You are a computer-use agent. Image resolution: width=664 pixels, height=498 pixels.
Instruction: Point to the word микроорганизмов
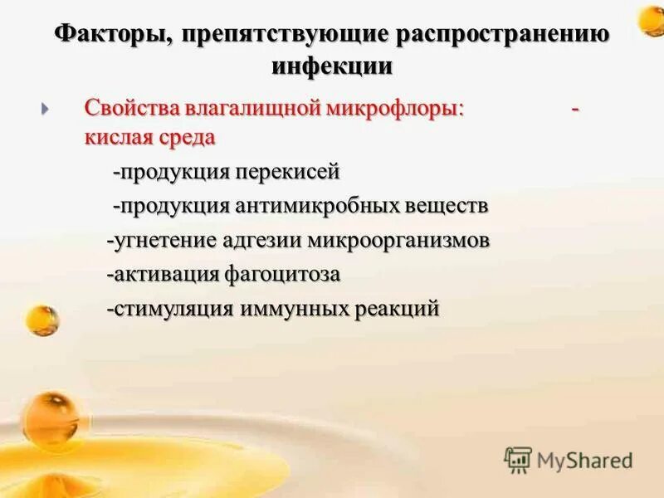pyautogui.click(x=399, y=241)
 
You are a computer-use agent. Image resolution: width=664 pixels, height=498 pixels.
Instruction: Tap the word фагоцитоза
pyautogui.click(x=283, y=275)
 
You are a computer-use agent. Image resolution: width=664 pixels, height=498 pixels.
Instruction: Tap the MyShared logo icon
pyautogui.click(x=518, y=460)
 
